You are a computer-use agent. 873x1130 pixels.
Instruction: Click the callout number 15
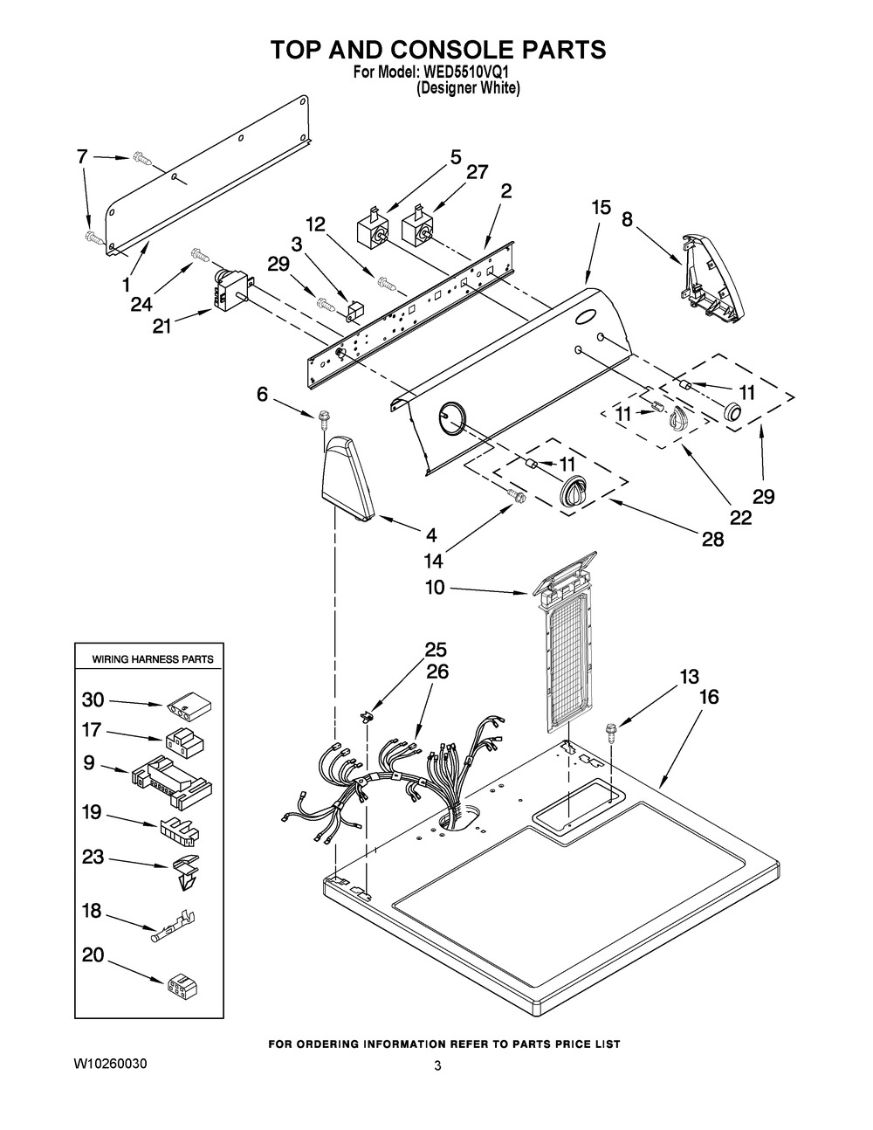(600, 208)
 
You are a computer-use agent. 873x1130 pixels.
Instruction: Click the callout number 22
(740, 518)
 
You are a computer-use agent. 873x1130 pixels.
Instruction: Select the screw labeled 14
(517, 497)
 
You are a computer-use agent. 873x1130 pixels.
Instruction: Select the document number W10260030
(110, 1065)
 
